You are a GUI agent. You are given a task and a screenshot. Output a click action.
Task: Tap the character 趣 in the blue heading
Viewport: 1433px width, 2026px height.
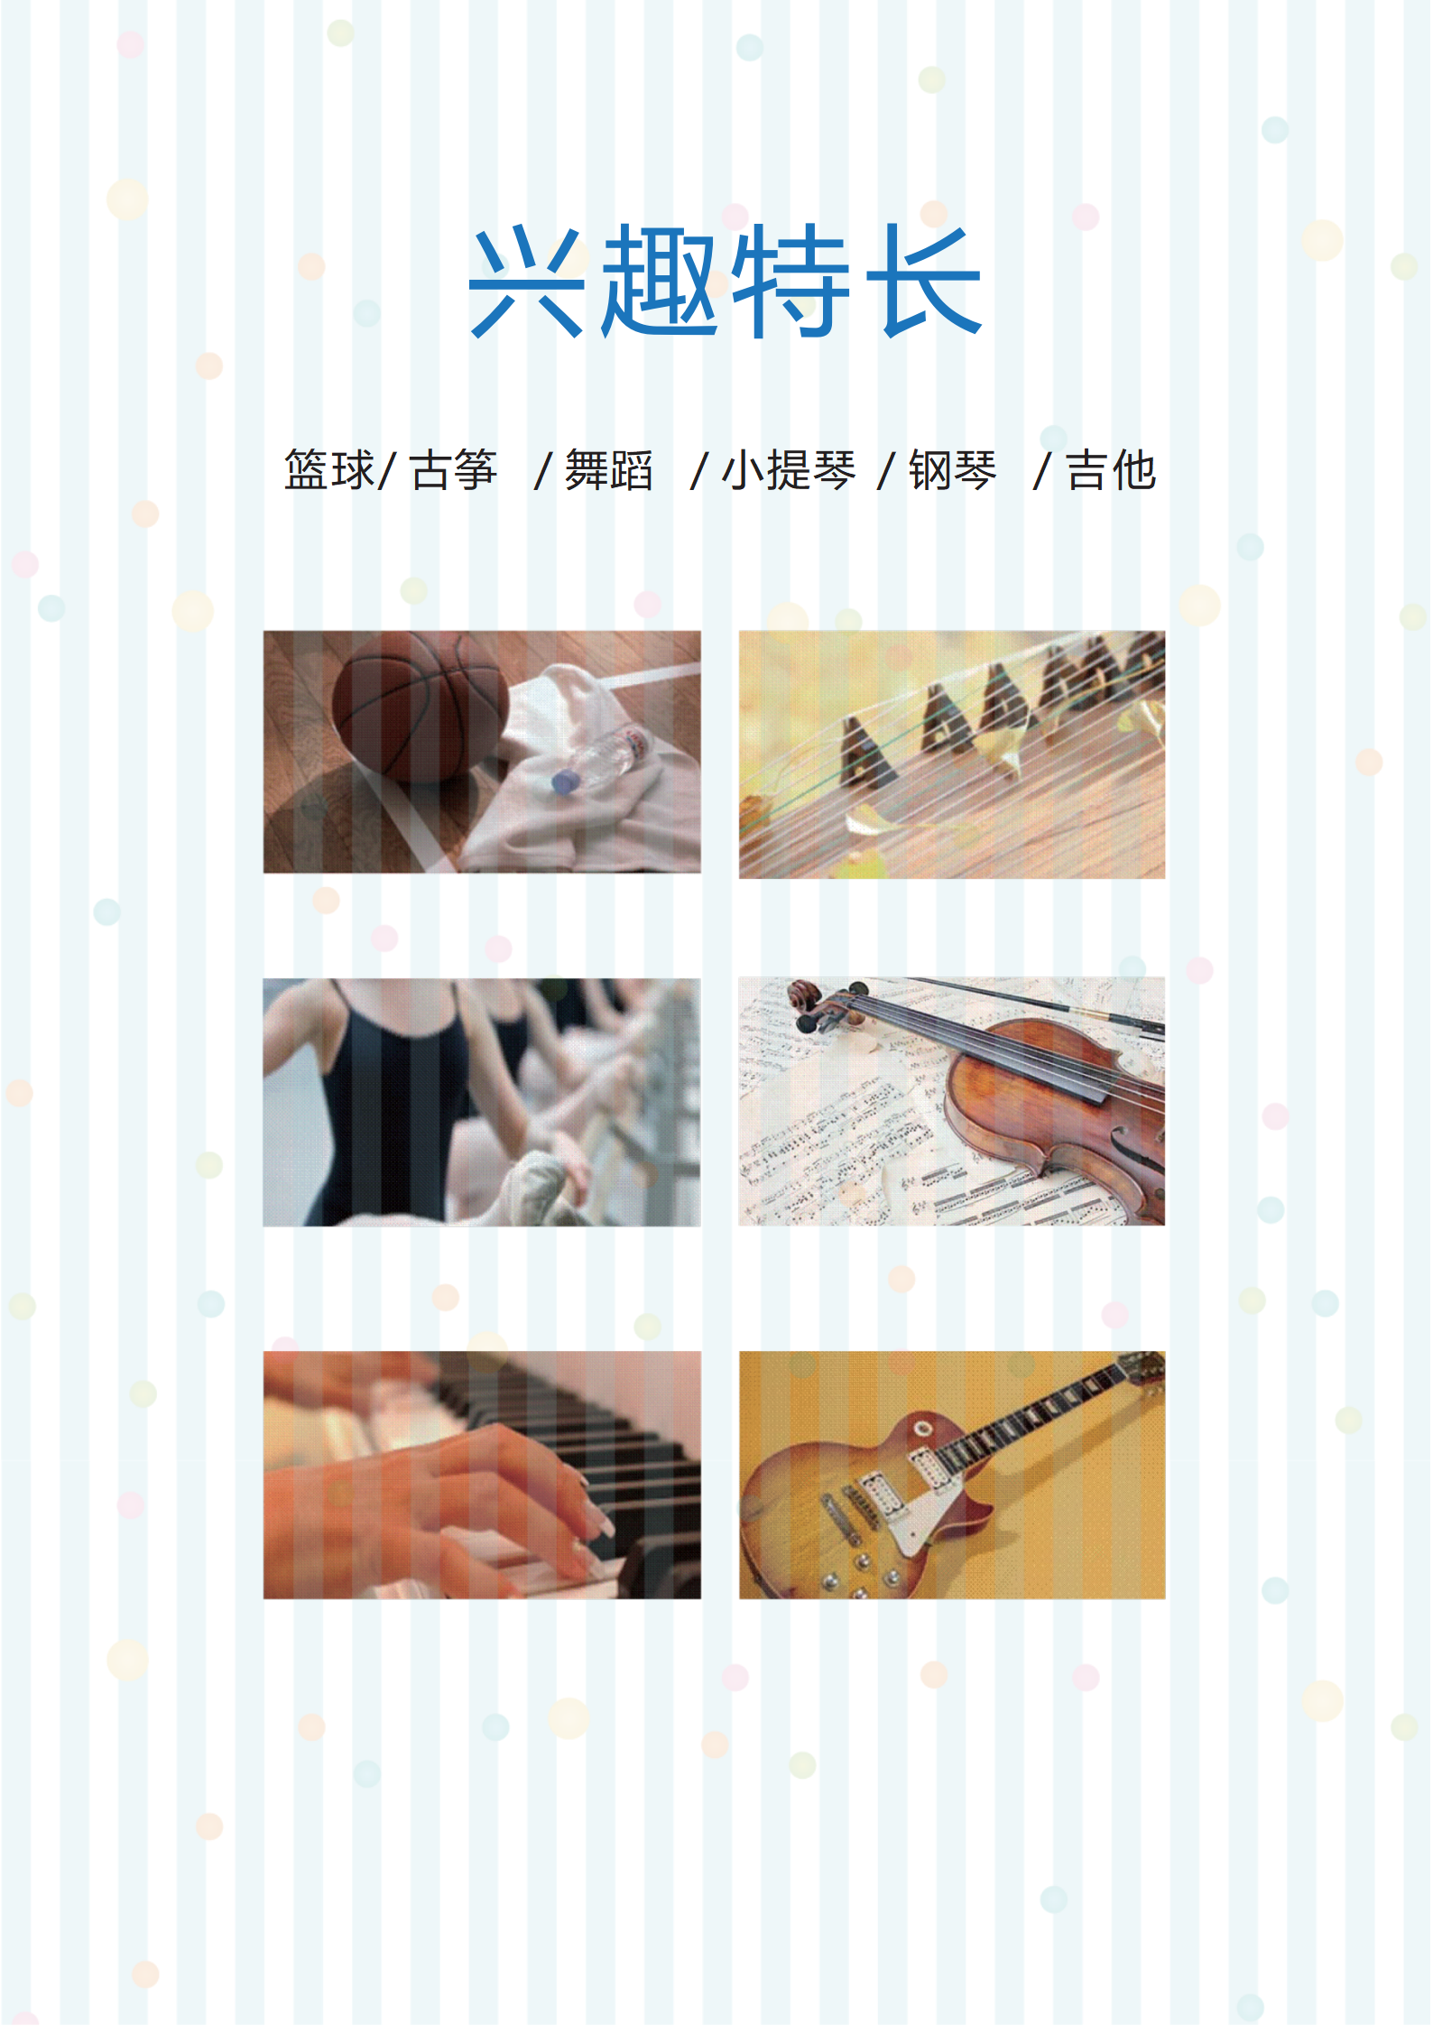click(660, 282)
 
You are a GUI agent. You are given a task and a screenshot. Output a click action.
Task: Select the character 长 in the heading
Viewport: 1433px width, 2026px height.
click(925, 282)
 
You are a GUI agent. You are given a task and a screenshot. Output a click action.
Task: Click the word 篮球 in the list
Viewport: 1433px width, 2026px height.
click(328, 470)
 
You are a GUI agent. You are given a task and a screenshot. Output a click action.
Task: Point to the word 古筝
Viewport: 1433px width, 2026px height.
click(453, 470)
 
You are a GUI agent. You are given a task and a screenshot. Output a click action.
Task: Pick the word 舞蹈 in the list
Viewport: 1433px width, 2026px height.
click(608, 470)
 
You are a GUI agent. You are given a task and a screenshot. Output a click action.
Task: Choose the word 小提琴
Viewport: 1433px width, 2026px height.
click(788, 470)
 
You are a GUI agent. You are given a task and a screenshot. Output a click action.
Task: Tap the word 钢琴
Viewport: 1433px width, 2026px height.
click(952, 470)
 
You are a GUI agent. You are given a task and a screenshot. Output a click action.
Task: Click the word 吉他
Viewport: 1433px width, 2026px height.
click(1111, 470)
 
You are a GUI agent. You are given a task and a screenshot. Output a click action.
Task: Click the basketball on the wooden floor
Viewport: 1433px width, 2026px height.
click(420, 707)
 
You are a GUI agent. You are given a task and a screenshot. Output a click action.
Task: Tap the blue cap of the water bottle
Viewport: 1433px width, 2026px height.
click(564, 782)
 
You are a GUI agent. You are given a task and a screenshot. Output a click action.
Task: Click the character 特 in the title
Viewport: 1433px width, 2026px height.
click(791, 282)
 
